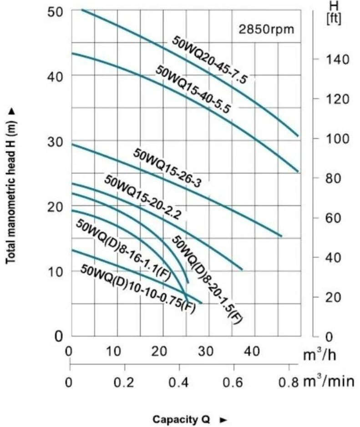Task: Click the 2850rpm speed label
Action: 267,30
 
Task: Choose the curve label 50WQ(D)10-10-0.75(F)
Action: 137,288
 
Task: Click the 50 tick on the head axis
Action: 55,11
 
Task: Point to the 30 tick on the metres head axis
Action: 55,141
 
